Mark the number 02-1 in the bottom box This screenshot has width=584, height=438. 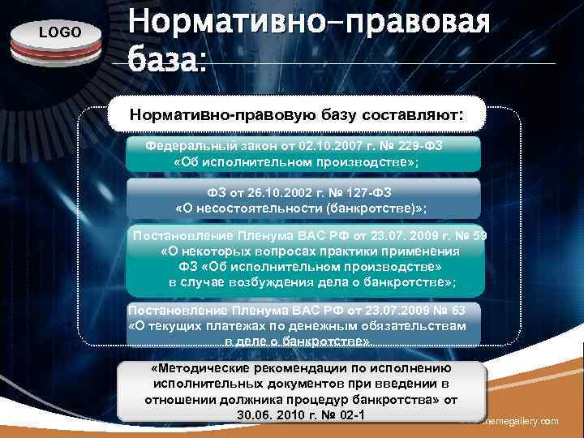pos(350,416)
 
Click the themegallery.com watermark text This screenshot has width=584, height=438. pos(519,421)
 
